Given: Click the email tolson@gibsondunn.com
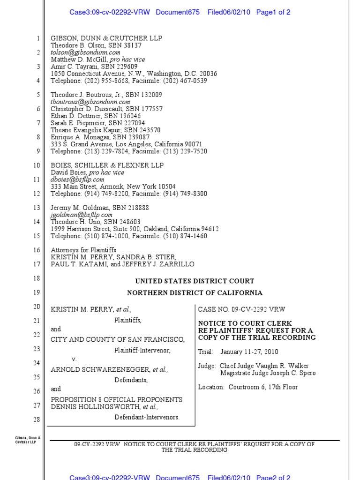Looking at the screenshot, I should (85, 52).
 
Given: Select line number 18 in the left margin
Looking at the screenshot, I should (37, 278).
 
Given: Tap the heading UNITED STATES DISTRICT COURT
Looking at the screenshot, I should (195, 281).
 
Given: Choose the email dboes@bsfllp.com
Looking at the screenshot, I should (77, 180).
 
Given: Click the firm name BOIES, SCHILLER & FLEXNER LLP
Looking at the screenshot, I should (107, 165).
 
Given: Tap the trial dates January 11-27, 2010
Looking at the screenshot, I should (252, 352).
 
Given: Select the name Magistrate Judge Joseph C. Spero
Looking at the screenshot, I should (268, 373).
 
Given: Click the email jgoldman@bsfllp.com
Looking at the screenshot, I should (81, 215).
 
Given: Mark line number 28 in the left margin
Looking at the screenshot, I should (37, 419).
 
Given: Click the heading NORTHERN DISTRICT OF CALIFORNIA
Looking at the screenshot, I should (195, 293).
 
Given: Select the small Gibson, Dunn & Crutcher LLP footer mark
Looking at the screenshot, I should (28, 441).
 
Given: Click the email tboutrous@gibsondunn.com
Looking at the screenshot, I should (90, 102).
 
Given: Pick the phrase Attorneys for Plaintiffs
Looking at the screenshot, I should (83, 250).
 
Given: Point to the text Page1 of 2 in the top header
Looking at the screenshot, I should (273, 12).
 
